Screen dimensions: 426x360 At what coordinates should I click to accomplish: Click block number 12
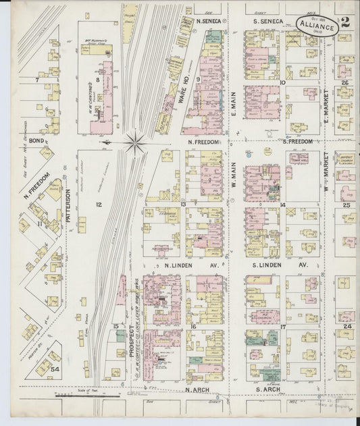pyautogui.click(x=99, y=203)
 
